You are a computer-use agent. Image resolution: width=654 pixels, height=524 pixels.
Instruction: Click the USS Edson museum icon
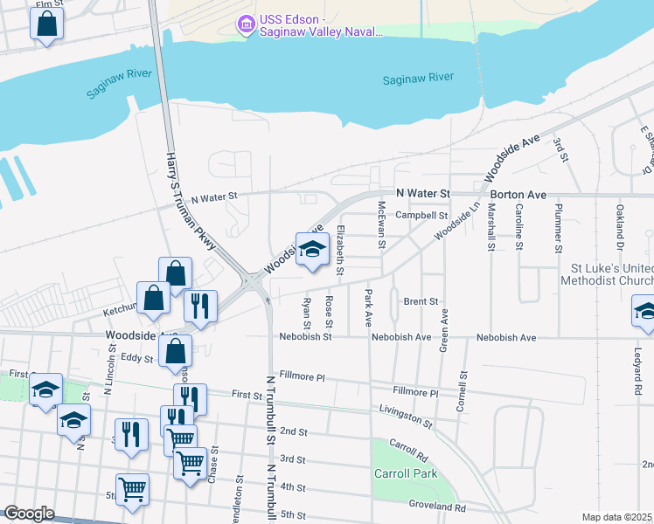pyautogui.click(x=246, y=25)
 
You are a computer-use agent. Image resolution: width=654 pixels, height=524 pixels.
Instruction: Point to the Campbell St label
pyautogui.click(x=421, y=215)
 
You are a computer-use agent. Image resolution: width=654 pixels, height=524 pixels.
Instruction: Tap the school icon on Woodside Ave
pyautogui.click(x=310, y=250)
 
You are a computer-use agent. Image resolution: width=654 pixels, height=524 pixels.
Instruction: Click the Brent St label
pyautogui.click(x=421, y=301)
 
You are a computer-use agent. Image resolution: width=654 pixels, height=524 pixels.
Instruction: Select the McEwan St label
pyautogui.click(x=381, y=224)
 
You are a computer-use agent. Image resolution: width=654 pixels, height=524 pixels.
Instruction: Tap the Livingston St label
pyautogui.click(x=406, y=415)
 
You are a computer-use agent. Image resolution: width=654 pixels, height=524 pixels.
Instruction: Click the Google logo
pyautogui.click(x=29, y=514)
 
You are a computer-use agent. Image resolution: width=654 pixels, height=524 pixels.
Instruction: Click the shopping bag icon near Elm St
pyautogui.click(x=46, y=24)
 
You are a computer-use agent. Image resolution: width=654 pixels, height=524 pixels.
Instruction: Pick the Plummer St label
pyautogui.click(x=557, y=225)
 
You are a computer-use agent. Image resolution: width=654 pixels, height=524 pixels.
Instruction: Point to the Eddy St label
pyautogui.click(x=136, y=356)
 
